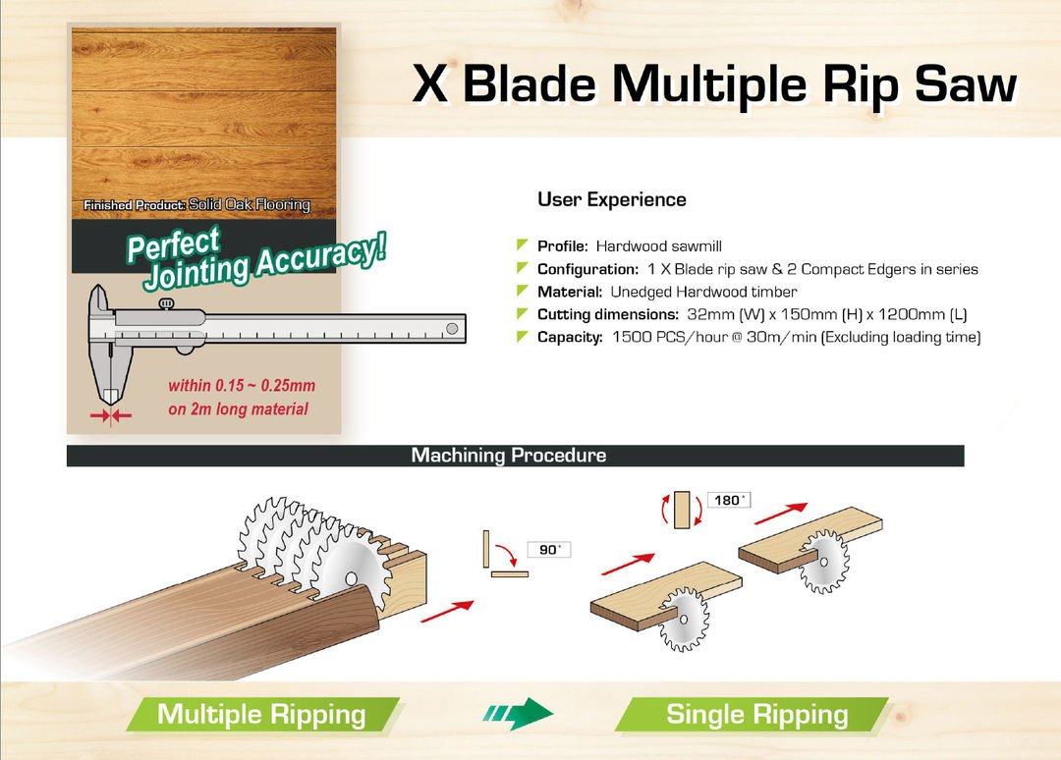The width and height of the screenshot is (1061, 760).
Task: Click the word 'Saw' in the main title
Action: (x=967, y=84)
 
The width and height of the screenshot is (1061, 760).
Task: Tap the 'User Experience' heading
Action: (x=612, y=199)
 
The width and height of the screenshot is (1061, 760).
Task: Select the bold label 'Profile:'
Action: (x=562, y=246)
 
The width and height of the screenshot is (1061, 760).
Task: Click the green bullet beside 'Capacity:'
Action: (x=522, y=336)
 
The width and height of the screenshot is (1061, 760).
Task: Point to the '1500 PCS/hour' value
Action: (x=670, y=337)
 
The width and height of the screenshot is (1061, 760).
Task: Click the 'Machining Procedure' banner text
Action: (x=509, y=455)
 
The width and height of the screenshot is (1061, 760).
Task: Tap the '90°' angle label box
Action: (x=549, y=550)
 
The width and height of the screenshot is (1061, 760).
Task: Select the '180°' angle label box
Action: (x=729, y=500)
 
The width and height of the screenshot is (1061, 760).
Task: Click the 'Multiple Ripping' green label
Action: (x=262, y=715)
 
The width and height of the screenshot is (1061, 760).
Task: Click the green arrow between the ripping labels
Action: (x=518, y=713)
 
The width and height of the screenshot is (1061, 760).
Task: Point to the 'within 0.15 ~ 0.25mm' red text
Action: (x=242, y=386)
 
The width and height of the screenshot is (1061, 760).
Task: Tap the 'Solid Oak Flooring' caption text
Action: (x=249, y=204)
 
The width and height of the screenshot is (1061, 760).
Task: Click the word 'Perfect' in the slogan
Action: (x=174, y=244)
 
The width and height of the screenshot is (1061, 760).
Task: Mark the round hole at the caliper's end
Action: (x=452, y=329)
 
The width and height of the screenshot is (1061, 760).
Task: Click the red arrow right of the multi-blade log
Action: (x=447, y=612)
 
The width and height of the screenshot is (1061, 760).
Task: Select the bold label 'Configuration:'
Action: (x=588, y=269)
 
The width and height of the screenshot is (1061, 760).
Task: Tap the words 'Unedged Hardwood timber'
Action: (x=703, y=292)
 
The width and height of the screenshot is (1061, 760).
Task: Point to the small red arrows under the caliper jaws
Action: (x=111, y=415)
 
